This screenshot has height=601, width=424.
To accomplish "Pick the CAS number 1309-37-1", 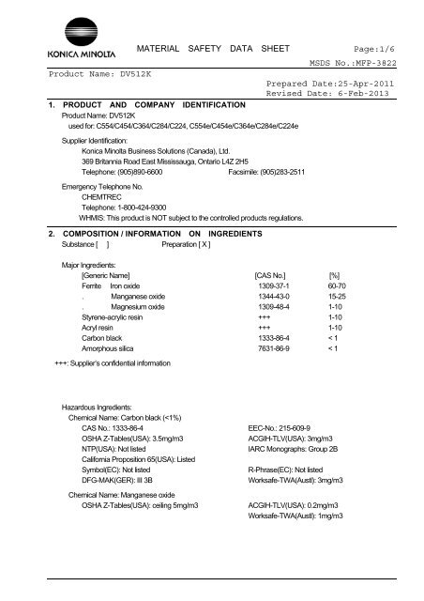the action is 278,285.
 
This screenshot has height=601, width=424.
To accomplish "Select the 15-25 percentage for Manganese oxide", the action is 360,295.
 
